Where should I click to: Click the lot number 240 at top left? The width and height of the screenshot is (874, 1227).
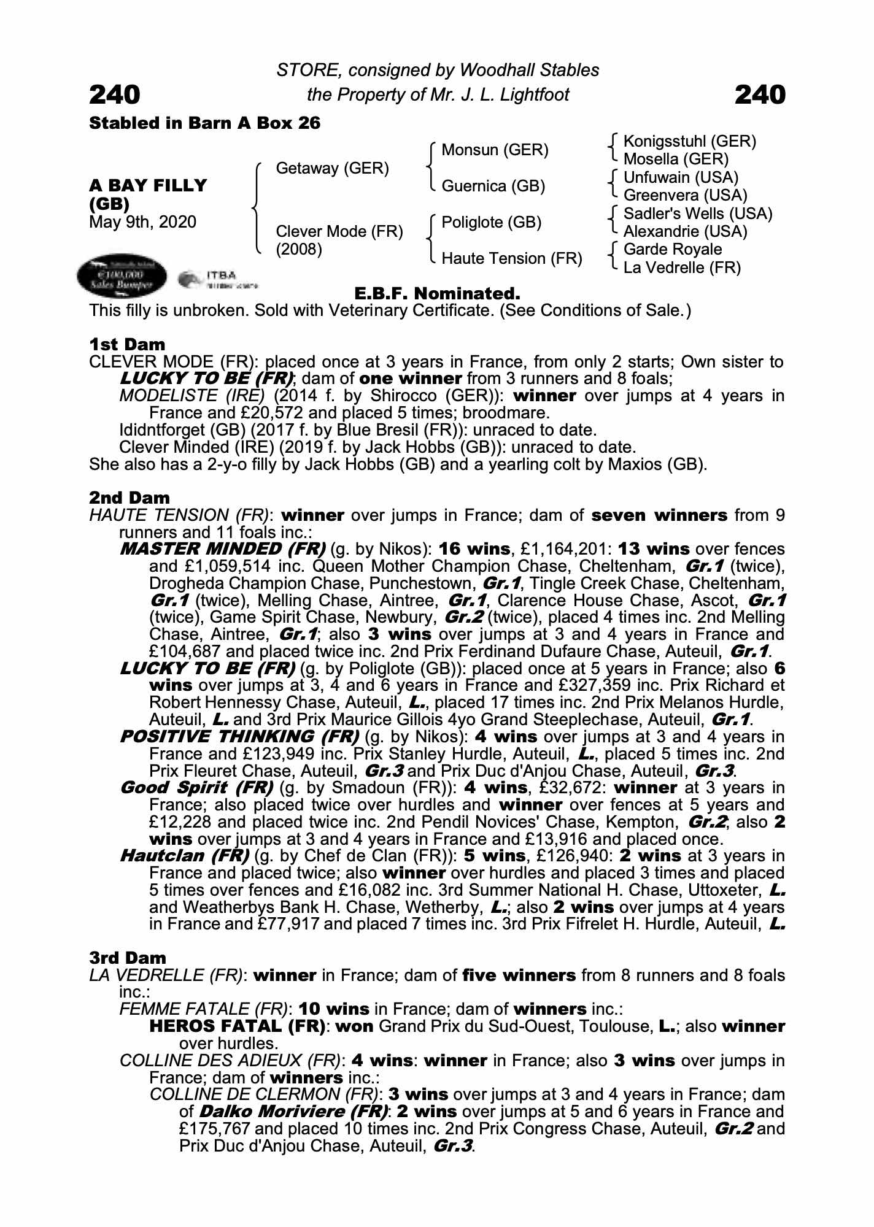click(115, 95)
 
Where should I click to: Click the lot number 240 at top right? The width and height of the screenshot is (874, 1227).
click(759, 95)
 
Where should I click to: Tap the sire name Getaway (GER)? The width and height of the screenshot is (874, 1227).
click(332, 168)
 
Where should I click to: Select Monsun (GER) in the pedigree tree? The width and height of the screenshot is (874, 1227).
click(495, 150)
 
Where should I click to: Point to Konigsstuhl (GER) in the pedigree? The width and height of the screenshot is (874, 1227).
click(689, 141)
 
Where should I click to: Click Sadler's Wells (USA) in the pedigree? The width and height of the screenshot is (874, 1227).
click(697, 213)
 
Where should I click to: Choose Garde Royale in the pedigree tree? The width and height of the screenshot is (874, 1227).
click(672, 249)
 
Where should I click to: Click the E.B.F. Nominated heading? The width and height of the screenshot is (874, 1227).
click(437, 293)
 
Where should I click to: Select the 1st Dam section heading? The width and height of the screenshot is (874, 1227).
click(127, 345)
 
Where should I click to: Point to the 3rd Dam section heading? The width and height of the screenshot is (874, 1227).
click(128, 958)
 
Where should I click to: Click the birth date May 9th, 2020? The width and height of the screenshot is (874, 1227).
click(142, 222)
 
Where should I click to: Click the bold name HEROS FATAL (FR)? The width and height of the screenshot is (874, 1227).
click(237, 1026)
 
